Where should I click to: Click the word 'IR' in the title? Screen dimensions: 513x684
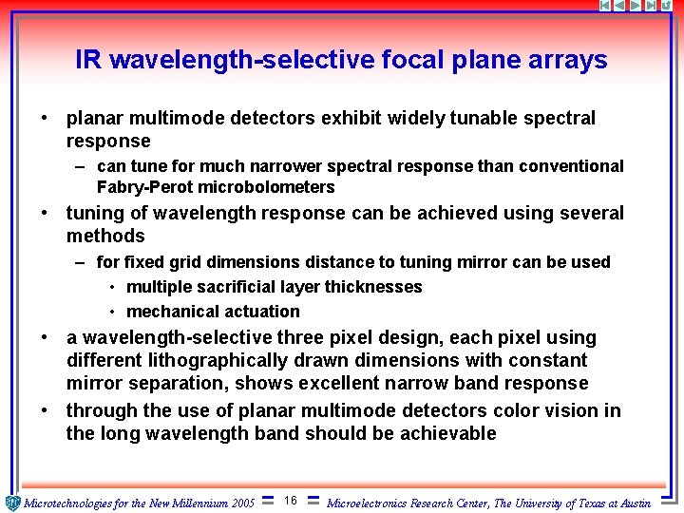click(x=89, y=61)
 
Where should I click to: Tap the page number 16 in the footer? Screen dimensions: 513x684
click(x=291, y=501)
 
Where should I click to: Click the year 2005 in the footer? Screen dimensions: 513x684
click(x=242, y=503)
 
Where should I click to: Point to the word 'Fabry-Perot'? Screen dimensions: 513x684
click(x=140, y=187)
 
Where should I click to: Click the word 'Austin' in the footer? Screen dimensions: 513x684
click(x=629, y=503)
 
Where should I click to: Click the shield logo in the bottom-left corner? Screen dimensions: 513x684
click(x=11, y=503)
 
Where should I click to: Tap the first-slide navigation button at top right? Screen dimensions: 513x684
click(x=606, y=6)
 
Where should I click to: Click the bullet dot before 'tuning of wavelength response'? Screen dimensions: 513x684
click(x=45, y=214)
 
